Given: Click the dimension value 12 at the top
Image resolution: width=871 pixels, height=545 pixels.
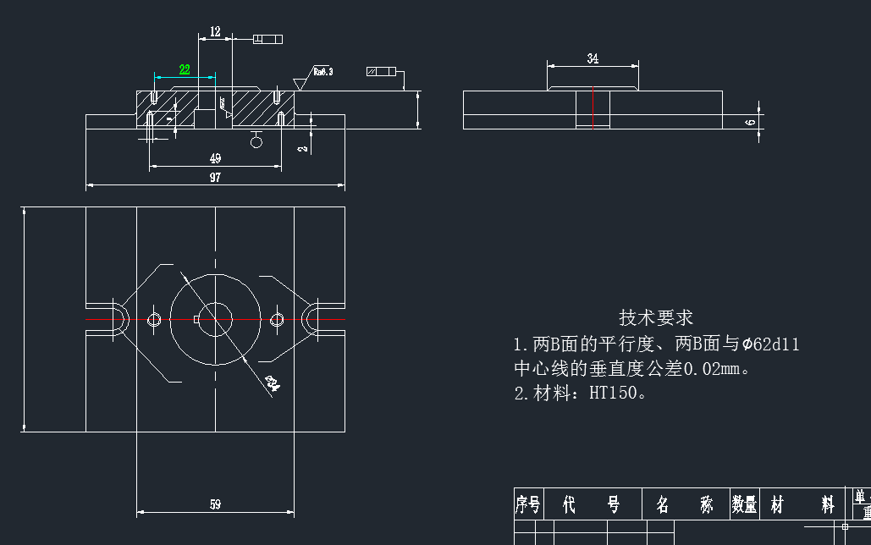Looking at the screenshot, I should pyautogui.click(x=215, y=31).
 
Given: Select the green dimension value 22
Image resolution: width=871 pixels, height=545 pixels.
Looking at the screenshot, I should pyautogui.click(x=185, y=69).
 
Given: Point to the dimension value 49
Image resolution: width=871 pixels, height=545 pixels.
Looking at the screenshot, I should pyautogui.click(x=215, y=158).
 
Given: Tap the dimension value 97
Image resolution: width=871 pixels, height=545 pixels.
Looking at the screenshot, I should pyautogui.click(x=215, y=177).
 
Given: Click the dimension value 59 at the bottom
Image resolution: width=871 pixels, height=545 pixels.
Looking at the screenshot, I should pyautogui.click(x=215, y=504).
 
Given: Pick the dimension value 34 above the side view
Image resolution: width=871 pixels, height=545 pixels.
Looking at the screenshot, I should pyautogui.click(x=593, y=58).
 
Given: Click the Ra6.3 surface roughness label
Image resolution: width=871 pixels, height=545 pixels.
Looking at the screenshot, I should pyautogui.click(x=322, y=72).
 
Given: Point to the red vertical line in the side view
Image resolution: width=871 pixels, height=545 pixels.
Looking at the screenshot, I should pyautogui.click(x=593, y=107).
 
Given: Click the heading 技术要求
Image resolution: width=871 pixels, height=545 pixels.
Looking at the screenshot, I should pyautogui.click(x=656, y=317).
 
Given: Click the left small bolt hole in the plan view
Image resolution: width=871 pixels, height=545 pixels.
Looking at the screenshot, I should pyautogui.click(x=154, y=319).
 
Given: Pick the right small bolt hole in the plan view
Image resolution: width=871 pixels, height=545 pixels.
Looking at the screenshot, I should pyautogui.click(x=277, y=319).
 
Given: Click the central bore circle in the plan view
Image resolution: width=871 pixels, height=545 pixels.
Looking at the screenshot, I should pyautogui.click(x=215, y=319).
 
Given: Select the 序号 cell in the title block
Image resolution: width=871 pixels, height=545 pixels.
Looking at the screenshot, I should pyautogui.click(x=527, y=505).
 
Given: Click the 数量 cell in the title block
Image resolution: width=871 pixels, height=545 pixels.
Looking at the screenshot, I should pyautogui.click(x=744, y=505).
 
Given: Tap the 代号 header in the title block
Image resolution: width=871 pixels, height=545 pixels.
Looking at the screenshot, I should pyautogui.click(x=592, y=505).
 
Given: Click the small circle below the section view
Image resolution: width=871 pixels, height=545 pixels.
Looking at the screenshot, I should pyautogui.click(x=256, y=141).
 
